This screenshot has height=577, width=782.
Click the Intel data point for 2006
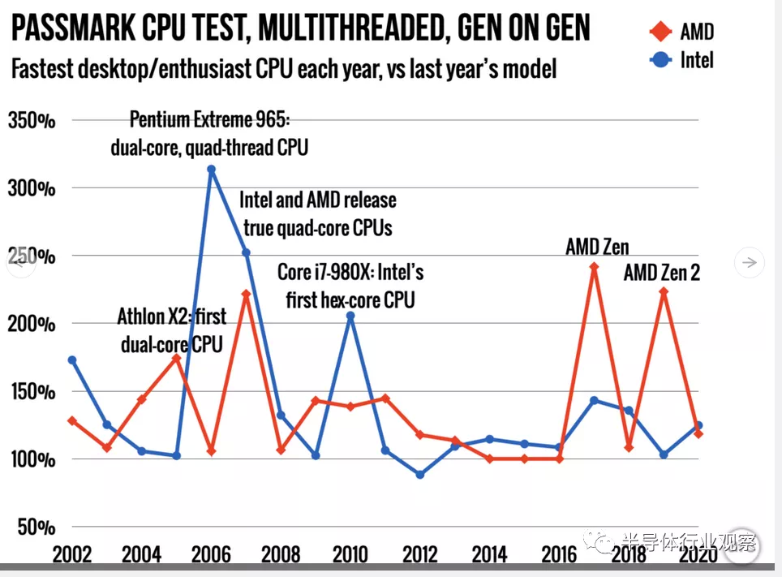211,170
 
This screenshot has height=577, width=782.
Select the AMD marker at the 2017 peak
594,266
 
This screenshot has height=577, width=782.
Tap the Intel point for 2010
350,316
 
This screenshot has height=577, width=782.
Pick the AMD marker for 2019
664,291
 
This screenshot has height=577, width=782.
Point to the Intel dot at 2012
419,474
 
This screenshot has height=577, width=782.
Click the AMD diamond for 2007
246,294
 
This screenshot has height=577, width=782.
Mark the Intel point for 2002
72,360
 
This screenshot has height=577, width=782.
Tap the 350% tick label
32,121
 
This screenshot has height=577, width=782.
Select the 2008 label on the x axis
279,555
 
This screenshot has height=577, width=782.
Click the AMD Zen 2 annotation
661,273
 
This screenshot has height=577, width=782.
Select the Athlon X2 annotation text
171,329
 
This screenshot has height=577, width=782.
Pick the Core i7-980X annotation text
350,285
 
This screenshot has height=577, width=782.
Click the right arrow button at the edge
750,262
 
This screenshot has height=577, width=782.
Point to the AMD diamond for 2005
176,358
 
